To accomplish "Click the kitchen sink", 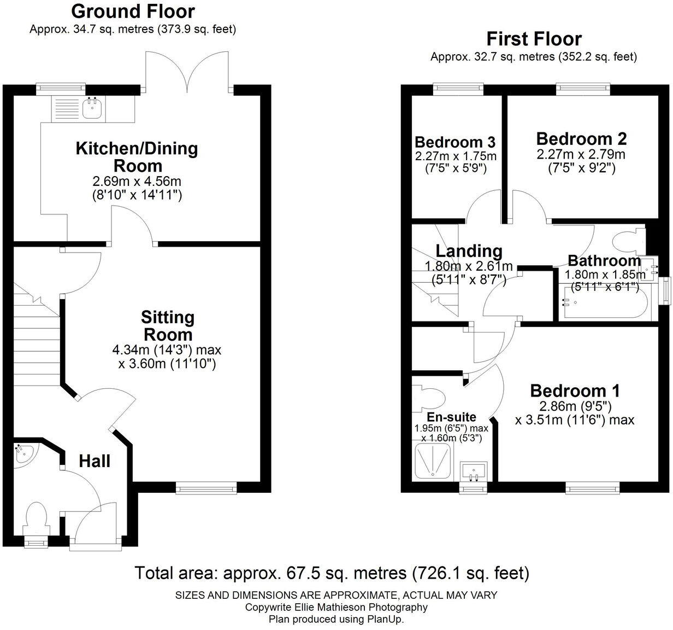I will coord(92,109).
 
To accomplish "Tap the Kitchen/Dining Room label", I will coord(137,156).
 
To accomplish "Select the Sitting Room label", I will coord(167,325).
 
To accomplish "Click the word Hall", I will coord(95,461).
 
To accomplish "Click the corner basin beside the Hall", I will coord(25,456).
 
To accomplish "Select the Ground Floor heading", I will coord(133,10).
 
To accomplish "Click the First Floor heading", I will coord(534,39).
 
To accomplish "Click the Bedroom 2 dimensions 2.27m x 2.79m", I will coord(581,154).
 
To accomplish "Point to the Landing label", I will coord(469,251).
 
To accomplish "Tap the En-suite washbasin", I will coord(473,471).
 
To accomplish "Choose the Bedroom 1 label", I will coord(575,391).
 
